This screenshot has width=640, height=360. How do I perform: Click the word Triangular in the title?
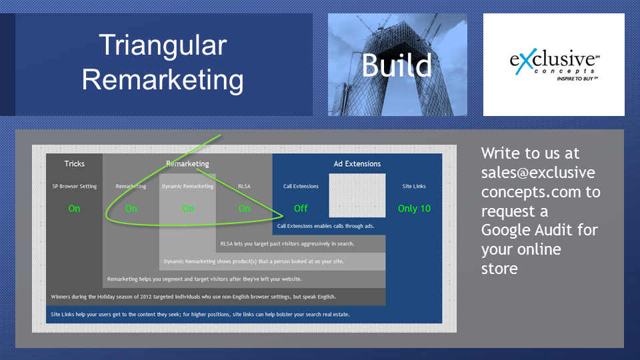[x=163, y=46]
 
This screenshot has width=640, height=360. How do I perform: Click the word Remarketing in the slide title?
[x=163, y=79]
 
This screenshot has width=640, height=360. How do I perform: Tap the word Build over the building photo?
[x=397, y=65]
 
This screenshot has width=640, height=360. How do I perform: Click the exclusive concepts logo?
[x=554, y=65]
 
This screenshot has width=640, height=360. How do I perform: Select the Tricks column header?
[x=74, y=164]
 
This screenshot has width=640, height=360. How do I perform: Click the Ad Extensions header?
[x=357, y=164]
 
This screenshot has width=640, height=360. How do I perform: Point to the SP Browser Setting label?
[x=74, y=186]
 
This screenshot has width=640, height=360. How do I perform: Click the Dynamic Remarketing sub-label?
[x=187, y=186]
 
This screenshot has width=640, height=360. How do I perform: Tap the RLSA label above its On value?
[x=244, y=186]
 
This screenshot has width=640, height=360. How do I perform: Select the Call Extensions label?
[x=301, y=186]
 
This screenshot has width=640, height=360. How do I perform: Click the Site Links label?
[x=414, y=186]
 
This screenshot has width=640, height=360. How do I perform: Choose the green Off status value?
[x=301, y=209]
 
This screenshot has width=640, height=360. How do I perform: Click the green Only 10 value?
[x=414, y=209]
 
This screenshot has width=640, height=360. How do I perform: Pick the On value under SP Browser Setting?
[x=74, y=209]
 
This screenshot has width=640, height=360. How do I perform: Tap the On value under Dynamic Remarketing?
[x=188, y=209]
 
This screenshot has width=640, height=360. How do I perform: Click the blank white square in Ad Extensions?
[x=357, y=195]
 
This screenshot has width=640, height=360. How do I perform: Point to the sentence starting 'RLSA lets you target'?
[x=287, y=244]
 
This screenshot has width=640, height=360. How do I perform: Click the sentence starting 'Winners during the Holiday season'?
[x=193, y=297]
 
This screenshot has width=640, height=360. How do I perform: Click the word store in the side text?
[x=499, y=269]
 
